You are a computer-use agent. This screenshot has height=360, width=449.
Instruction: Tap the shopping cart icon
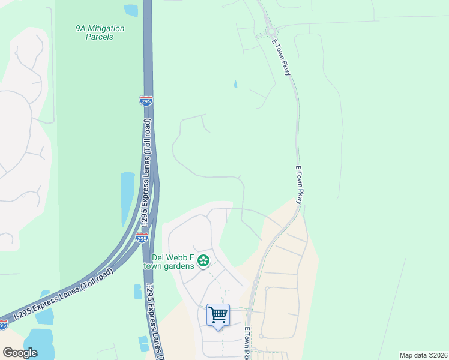pos(218,314)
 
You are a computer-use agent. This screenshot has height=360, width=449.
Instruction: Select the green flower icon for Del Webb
pos(204,260)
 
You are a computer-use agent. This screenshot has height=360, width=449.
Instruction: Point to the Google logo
pos(20,353)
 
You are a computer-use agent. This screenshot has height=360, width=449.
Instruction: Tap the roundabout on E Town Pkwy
pos(270,32)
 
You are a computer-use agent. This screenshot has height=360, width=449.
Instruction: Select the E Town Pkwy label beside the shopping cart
pos(246,343)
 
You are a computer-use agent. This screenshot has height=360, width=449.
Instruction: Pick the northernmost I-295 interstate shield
pos(146,101)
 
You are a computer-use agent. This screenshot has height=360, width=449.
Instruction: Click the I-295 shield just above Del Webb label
pos(142,238)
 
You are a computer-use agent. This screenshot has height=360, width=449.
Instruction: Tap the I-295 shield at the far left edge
pos(3,325)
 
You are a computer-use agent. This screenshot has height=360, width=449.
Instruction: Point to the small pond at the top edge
pos(130,10)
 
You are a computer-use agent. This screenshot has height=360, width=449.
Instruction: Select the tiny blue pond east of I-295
pos(235,85)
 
